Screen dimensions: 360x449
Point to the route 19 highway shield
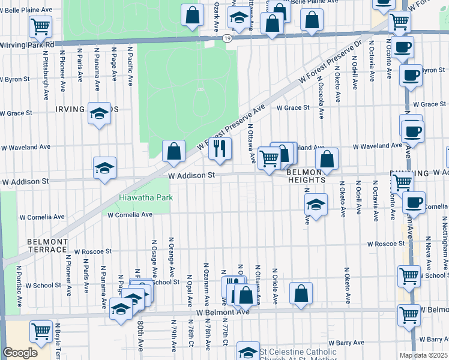(x=226, y=38)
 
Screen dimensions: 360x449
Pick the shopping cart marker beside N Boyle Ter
(x=41, y=331)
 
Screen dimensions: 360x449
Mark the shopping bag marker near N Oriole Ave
(x=301, y=293)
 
